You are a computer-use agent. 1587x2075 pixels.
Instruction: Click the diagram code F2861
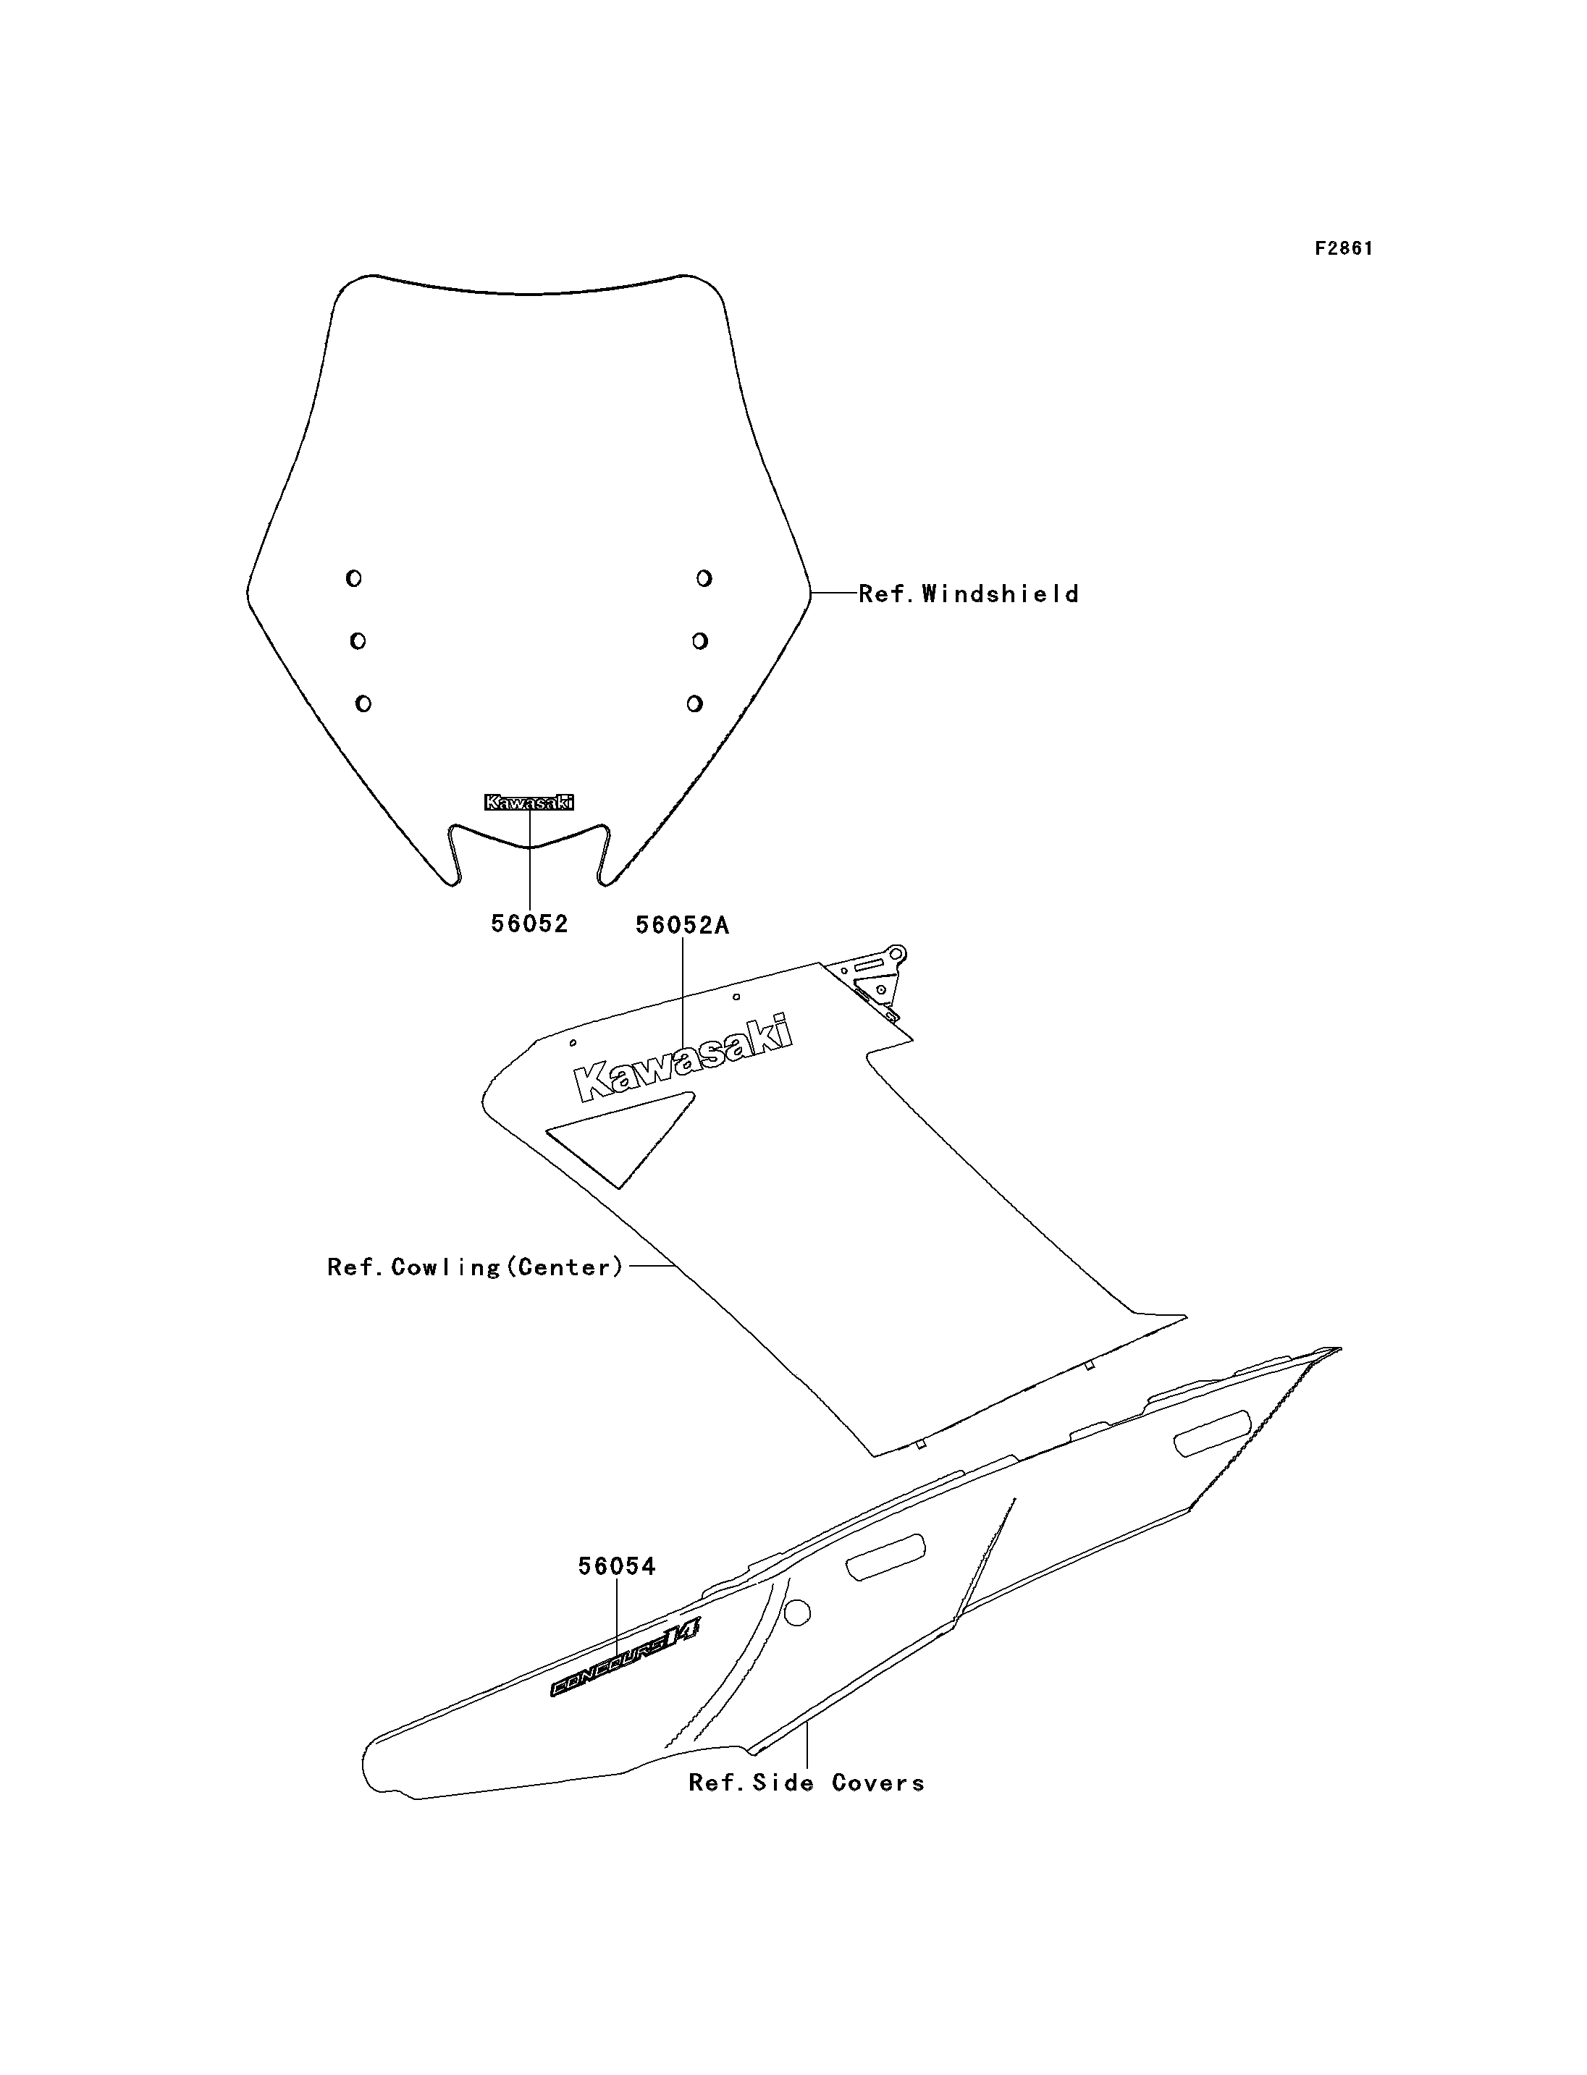tap(1343, 248)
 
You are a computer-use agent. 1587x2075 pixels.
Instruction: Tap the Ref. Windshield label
tap(968, 594)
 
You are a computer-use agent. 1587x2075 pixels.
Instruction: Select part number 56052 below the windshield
tap(529, 924)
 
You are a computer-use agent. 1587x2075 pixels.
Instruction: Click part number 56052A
tap(682, 926)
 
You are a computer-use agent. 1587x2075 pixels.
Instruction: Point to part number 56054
tap(617, 1566)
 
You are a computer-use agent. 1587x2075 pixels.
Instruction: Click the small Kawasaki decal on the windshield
tap(529, 802)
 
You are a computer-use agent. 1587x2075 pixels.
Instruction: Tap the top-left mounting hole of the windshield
tap(353, 578)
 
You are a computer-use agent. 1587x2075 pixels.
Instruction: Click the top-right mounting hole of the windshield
tap(704, 578)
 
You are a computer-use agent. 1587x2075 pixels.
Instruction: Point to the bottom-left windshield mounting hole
tap(363, 703)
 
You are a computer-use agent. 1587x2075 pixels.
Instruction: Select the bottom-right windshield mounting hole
tap(694, 703)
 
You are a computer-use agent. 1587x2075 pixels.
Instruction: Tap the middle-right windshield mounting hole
tap(700, 641)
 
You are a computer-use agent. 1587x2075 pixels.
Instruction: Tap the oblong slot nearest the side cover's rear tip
tap(1212, 1433)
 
